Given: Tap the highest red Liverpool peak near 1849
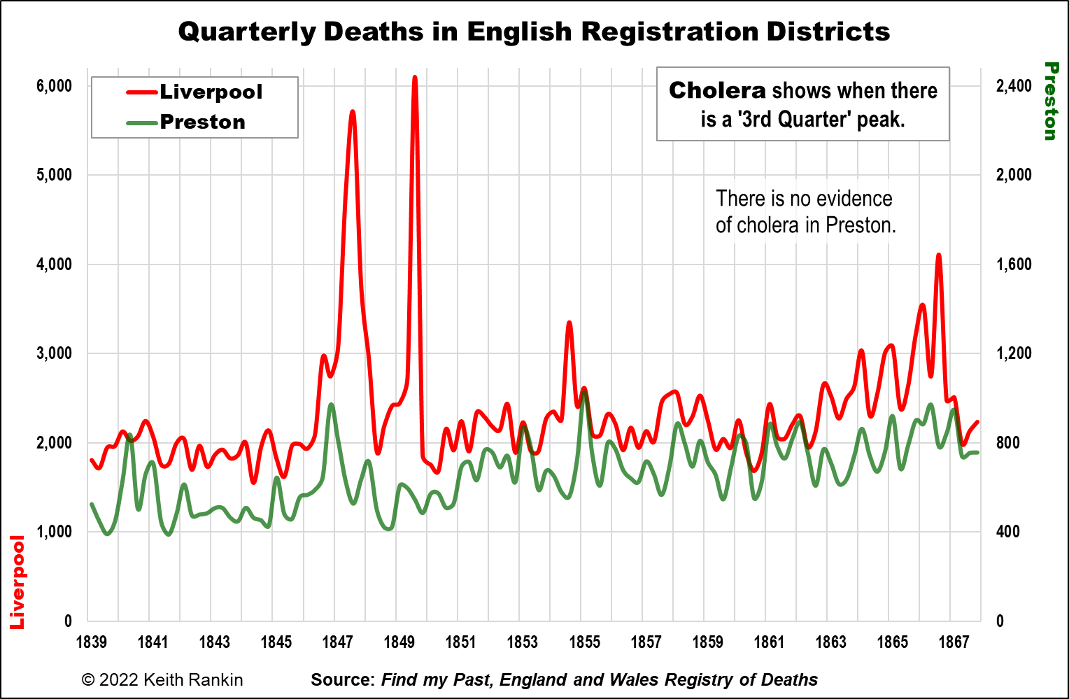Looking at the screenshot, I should (415, 78).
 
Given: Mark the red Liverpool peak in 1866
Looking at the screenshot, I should (938, 255).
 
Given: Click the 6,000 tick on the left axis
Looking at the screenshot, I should (55, 86).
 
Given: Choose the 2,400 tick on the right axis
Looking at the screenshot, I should (1013, 86).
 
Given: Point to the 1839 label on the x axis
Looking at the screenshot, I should (91, 642).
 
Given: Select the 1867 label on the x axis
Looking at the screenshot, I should (954, 642).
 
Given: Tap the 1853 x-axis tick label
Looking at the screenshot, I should (522, 642).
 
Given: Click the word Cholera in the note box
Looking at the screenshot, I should (717, 90).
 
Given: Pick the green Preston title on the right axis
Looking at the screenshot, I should (1050, 101).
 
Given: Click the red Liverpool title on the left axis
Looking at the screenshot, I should (17, 582).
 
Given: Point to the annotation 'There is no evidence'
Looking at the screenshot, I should (804, 199).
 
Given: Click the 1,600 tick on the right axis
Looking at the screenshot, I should (1014, 264).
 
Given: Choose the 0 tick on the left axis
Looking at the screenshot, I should (68, 621).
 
